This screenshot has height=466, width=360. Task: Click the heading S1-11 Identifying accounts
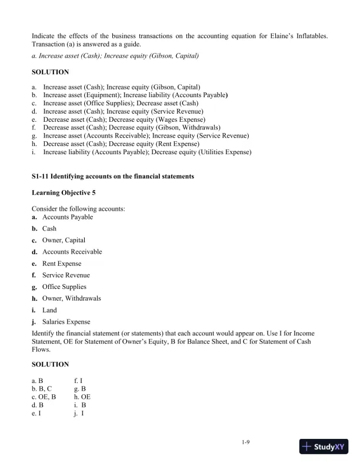[x=112, y=177]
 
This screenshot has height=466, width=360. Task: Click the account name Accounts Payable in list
[x=68, y=217]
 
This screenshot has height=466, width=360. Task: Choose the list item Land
[x=50, y=310]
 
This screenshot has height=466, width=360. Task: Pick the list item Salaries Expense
[x=66, y=322]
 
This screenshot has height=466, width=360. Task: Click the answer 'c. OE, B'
[x=46, y=397]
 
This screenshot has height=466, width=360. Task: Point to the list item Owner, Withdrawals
[x=71, y=298]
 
